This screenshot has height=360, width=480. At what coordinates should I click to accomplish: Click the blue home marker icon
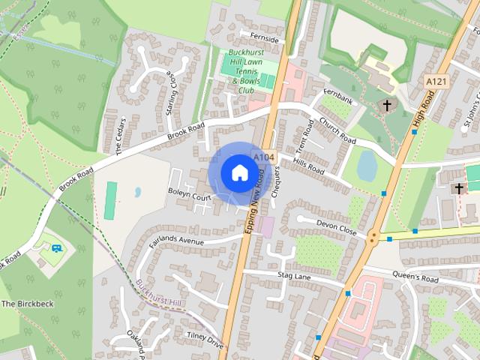pyautogui.click(x=239, y=172)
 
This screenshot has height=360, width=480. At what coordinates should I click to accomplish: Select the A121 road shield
pyautogui.click(x=436, y=80)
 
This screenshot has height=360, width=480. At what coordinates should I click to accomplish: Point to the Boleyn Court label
pyautogui.click(x=191, y=197)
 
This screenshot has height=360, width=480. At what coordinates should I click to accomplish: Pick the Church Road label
pyautogui.click(x=337, y=130)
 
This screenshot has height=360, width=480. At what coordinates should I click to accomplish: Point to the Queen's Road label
pyautogui.click(x=415, y=277)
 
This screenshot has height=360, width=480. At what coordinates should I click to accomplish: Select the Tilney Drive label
pyautogui.click(x=205, y=340)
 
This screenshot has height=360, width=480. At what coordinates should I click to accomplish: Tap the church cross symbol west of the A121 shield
pyautogui.click(x=387, y=106)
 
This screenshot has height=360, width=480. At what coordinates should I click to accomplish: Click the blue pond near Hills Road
pyautogui.click(x=367, y=165)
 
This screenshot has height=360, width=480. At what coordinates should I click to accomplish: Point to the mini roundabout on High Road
pyautogui.click(x=373, y=238)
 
